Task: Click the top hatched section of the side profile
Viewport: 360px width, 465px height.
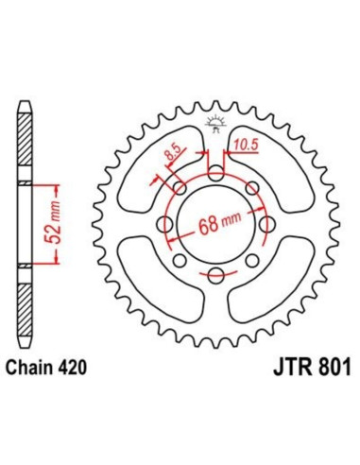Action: tap(26, 142)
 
